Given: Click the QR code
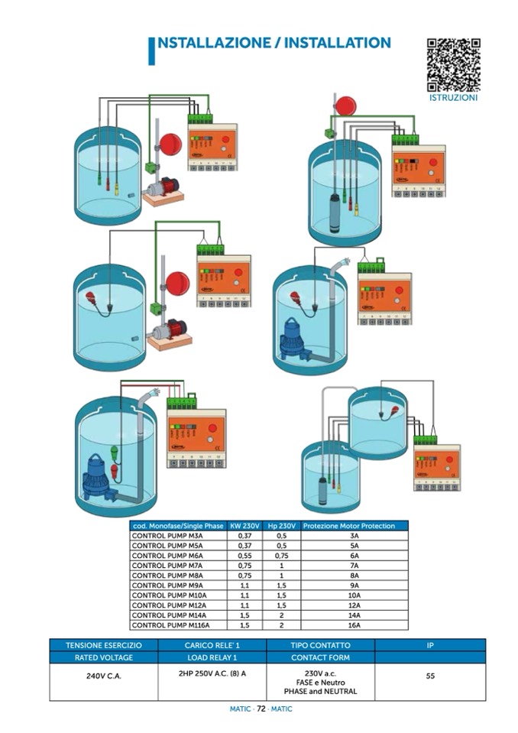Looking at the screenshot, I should tap(453, 64).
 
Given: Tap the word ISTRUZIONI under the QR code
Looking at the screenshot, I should tap(453, 98).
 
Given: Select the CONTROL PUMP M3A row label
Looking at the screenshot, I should tap(162, 536).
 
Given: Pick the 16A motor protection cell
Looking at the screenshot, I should tap(354, 624).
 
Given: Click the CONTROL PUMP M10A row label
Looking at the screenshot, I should tap(164, 595).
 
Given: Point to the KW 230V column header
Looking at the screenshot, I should tap(245, 526).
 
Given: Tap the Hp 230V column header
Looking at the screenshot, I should tap(281, 526).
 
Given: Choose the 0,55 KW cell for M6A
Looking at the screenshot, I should tap(245, 556).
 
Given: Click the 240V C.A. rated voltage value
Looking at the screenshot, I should tap(104, 676).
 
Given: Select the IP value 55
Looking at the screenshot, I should tap(430, 676).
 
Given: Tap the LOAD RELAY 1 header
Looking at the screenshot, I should tap(212, 657).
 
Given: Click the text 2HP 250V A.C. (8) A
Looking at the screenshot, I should tap(212, 673).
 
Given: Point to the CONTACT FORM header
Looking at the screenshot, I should tap(320, 657).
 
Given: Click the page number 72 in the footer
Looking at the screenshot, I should tap(261, 709).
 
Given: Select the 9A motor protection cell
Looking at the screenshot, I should tap(354, 585).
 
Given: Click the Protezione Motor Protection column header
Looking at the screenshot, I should tap(354, 526).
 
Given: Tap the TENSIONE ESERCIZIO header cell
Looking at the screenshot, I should tap(104, 645).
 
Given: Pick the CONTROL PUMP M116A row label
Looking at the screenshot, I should tap(166, 624).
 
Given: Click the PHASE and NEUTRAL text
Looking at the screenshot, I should tap(320, 691).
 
